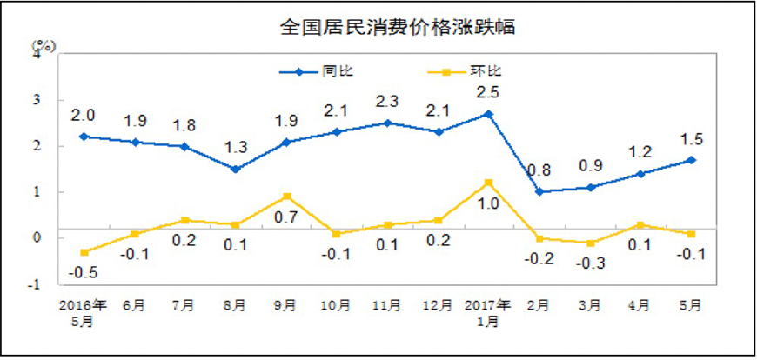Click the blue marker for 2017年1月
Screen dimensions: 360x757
pos(489,114)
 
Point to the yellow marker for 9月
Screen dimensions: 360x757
pos(287,197)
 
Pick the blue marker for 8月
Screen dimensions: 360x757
pos(237,169)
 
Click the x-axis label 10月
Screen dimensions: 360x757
pos(338,306)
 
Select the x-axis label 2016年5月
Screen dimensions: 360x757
pos(84,312)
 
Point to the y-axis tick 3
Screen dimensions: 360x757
pos(37,100)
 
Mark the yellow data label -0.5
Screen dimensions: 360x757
pos(84,272)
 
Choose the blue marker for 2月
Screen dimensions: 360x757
pos(539,192)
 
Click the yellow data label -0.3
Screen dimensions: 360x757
pos(590,263)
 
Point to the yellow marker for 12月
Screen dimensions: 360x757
pos(439,220)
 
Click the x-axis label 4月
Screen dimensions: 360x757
pos(640,306)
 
